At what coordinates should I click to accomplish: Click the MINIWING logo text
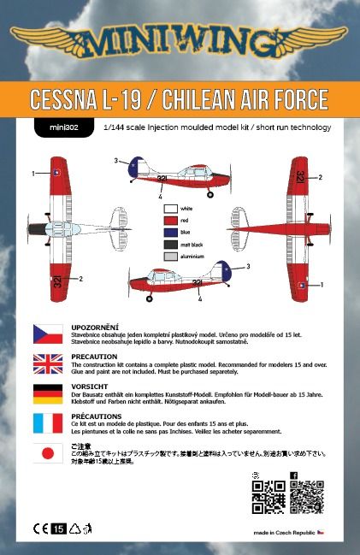180,41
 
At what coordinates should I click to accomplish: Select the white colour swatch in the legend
171,208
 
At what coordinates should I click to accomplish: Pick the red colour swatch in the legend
171,220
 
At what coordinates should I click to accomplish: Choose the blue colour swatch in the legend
171,232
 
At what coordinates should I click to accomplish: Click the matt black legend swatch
171,244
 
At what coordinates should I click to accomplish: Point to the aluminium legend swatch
171,256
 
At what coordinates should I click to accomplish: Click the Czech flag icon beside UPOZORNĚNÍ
47,333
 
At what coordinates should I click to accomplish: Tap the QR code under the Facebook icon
306,497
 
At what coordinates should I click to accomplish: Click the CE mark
40,528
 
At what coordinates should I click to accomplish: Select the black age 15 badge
58,528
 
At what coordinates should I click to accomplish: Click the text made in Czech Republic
283,532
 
